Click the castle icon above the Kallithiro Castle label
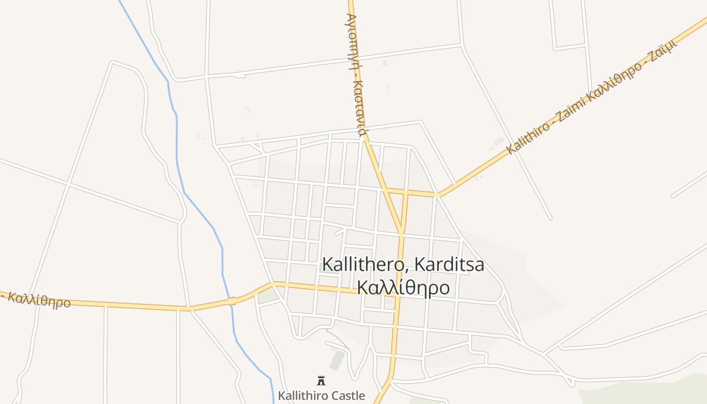click(321, 381)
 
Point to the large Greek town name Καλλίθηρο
click(403, 287)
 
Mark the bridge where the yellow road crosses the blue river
click(232, 301)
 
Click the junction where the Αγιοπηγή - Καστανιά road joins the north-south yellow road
click(401, 233)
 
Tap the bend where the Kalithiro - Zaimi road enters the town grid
click(438, 194)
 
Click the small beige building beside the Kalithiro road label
click(499, 141)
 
